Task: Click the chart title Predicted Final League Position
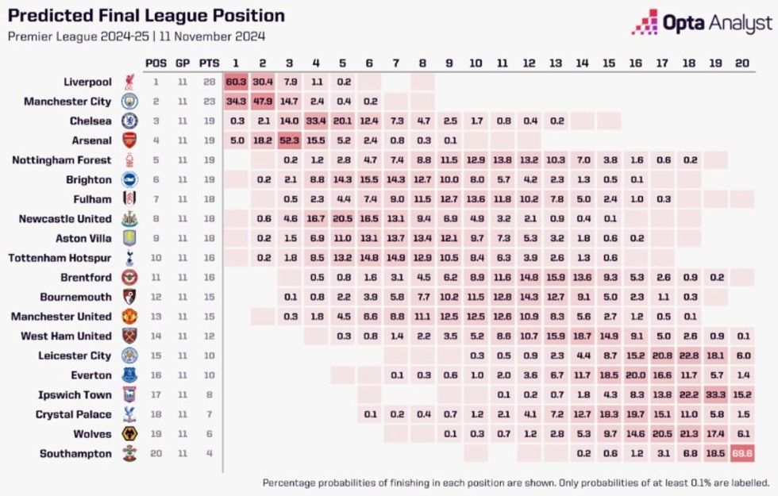(x=146, y=16)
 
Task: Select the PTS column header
(x=210, y=63)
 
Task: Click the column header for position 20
(x=742, y=63)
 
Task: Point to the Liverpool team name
(x=87, y=82)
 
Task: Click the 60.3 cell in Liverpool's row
(x=236, y=82)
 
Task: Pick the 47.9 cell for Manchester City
(x=263, y=102)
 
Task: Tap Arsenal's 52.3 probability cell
(x=290, y=140)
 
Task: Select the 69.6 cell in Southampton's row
(x=742, y=453)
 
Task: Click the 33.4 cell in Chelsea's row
(x=316, y=121)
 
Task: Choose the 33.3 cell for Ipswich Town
(x=716, y=394)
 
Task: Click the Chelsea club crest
(x=129, y=121)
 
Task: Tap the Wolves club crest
(x=129, y=434)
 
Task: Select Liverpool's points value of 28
(x=210, y=82)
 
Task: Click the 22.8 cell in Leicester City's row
(x=689, y=356)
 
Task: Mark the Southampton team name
(x=75, y=453)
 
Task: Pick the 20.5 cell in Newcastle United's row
(x=343, y=219)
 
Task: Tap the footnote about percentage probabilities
(x=516, y=482)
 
